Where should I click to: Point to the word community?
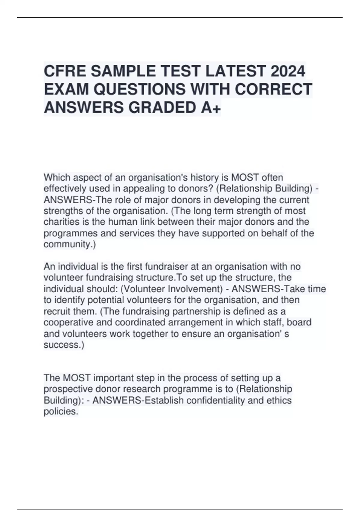(69, 244)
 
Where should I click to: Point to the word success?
(63, 345)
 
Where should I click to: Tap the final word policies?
(60, 411)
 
